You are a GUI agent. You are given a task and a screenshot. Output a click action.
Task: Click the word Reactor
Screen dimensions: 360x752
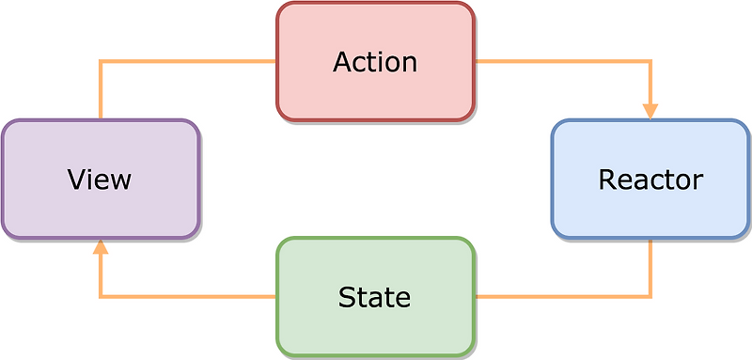[650, 179]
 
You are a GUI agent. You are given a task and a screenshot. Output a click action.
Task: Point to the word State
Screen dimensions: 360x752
[374, 297]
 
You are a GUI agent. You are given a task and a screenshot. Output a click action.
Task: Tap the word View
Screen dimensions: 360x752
[99, 179]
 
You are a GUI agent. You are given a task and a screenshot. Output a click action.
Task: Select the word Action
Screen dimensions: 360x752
[374, 62]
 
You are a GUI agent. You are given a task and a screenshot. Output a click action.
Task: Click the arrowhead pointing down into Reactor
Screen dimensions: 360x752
[650, 110]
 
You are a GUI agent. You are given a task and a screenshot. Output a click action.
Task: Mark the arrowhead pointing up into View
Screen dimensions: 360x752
[101, 247]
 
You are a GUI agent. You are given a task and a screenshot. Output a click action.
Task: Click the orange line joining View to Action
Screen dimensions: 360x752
[188, 62]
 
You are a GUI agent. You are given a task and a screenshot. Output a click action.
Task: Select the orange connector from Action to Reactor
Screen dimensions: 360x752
[564, 62]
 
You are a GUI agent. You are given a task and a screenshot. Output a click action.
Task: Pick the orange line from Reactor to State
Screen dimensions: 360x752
[564, 297]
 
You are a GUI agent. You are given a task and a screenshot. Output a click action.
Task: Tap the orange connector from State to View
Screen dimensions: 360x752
[188, 297]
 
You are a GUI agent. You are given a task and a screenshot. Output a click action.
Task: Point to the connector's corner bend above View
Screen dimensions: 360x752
[101, 62]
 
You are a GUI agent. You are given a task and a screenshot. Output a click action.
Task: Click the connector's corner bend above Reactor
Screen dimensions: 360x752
[650, 62]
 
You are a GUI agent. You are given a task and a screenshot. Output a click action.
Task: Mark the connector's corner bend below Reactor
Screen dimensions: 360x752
[650, 297]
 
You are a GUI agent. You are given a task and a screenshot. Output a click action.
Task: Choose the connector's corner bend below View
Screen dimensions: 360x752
[101, 297]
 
